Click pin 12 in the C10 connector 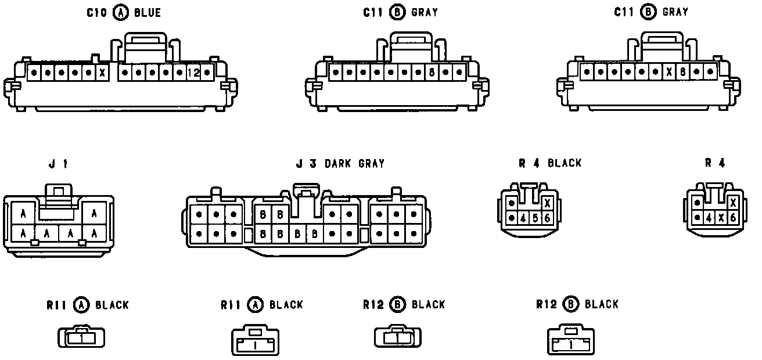(x=193, y=73)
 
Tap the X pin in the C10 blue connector (x=103, y=73)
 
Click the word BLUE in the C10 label (x=148, y=12)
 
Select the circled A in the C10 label (x=121, y=12)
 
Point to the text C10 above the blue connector (x=96, y=12)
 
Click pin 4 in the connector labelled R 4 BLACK (x=524, y=218)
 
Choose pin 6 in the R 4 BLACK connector (x=547, y=218)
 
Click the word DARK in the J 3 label (x=337, y=164)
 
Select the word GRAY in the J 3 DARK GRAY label (x=371, y=164)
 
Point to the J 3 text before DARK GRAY (x=306, y=164)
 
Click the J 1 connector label (x=58, y=164)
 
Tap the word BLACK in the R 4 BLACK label (x=565, y=163)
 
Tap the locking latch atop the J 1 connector (x=59, y=195)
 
